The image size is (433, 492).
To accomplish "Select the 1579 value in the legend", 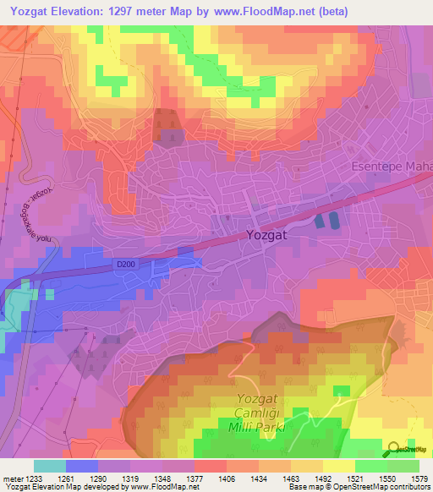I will pyautogui.click(x=419, y=478).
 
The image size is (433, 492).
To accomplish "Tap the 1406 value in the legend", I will pyautogui.click(x=227, y=478).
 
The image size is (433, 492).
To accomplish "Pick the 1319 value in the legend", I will pyautogui.click(x=130, y=478).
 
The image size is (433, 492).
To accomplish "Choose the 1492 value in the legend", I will pyautogui.click(x=323, y=478).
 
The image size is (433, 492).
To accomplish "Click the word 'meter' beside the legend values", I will pyautogui.click(x=11, y=478).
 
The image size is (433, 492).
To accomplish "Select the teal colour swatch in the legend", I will pyautogui.click(x=50, y=466).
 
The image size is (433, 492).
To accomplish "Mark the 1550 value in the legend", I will pyautogui.click(x=387, y=478).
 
